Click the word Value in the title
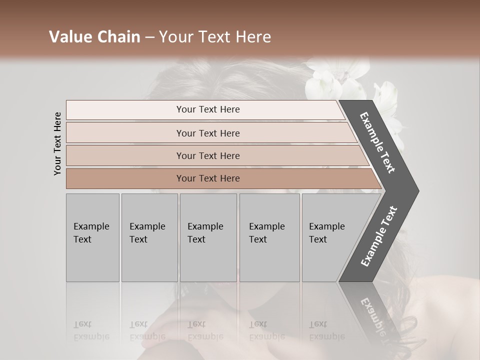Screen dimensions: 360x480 click(69, 37)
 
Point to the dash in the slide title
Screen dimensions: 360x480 click(149, 37)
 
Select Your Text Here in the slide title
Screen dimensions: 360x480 click(214, 37)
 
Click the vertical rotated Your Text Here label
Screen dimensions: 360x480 click(57, 143)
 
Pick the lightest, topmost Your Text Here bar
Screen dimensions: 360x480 click(207, 109)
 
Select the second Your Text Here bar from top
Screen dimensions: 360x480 click(207, 133)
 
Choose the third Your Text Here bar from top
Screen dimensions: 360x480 click(207, 155)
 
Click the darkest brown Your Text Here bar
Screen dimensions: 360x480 click(207, 178)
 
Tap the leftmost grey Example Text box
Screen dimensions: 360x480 click(92, 237)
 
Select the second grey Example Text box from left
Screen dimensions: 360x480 click(149, 237)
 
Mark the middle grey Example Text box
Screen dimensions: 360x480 click(208, 237)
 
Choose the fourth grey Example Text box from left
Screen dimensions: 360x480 click(269, 237)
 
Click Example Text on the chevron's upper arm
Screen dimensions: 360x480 click(377, 143)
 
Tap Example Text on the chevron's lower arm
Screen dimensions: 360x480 click(379, 236)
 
